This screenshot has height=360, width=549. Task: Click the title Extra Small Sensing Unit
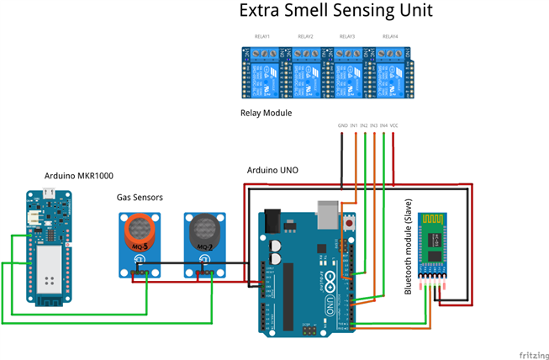[335, 12]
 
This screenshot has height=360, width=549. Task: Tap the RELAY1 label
[262, 37]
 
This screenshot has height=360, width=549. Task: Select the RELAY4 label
[390, 37]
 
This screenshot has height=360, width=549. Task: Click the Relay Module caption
[266, 112]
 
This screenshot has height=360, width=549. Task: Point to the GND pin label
[342, 125]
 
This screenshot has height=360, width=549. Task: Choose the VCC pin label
[393, 125]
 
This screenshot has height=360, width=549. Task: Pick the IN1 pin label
[355, 125]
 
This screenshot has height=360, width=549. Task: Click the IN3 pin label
[374, 125]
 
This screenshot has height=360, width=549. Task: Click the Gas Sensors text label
[140, 197]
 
